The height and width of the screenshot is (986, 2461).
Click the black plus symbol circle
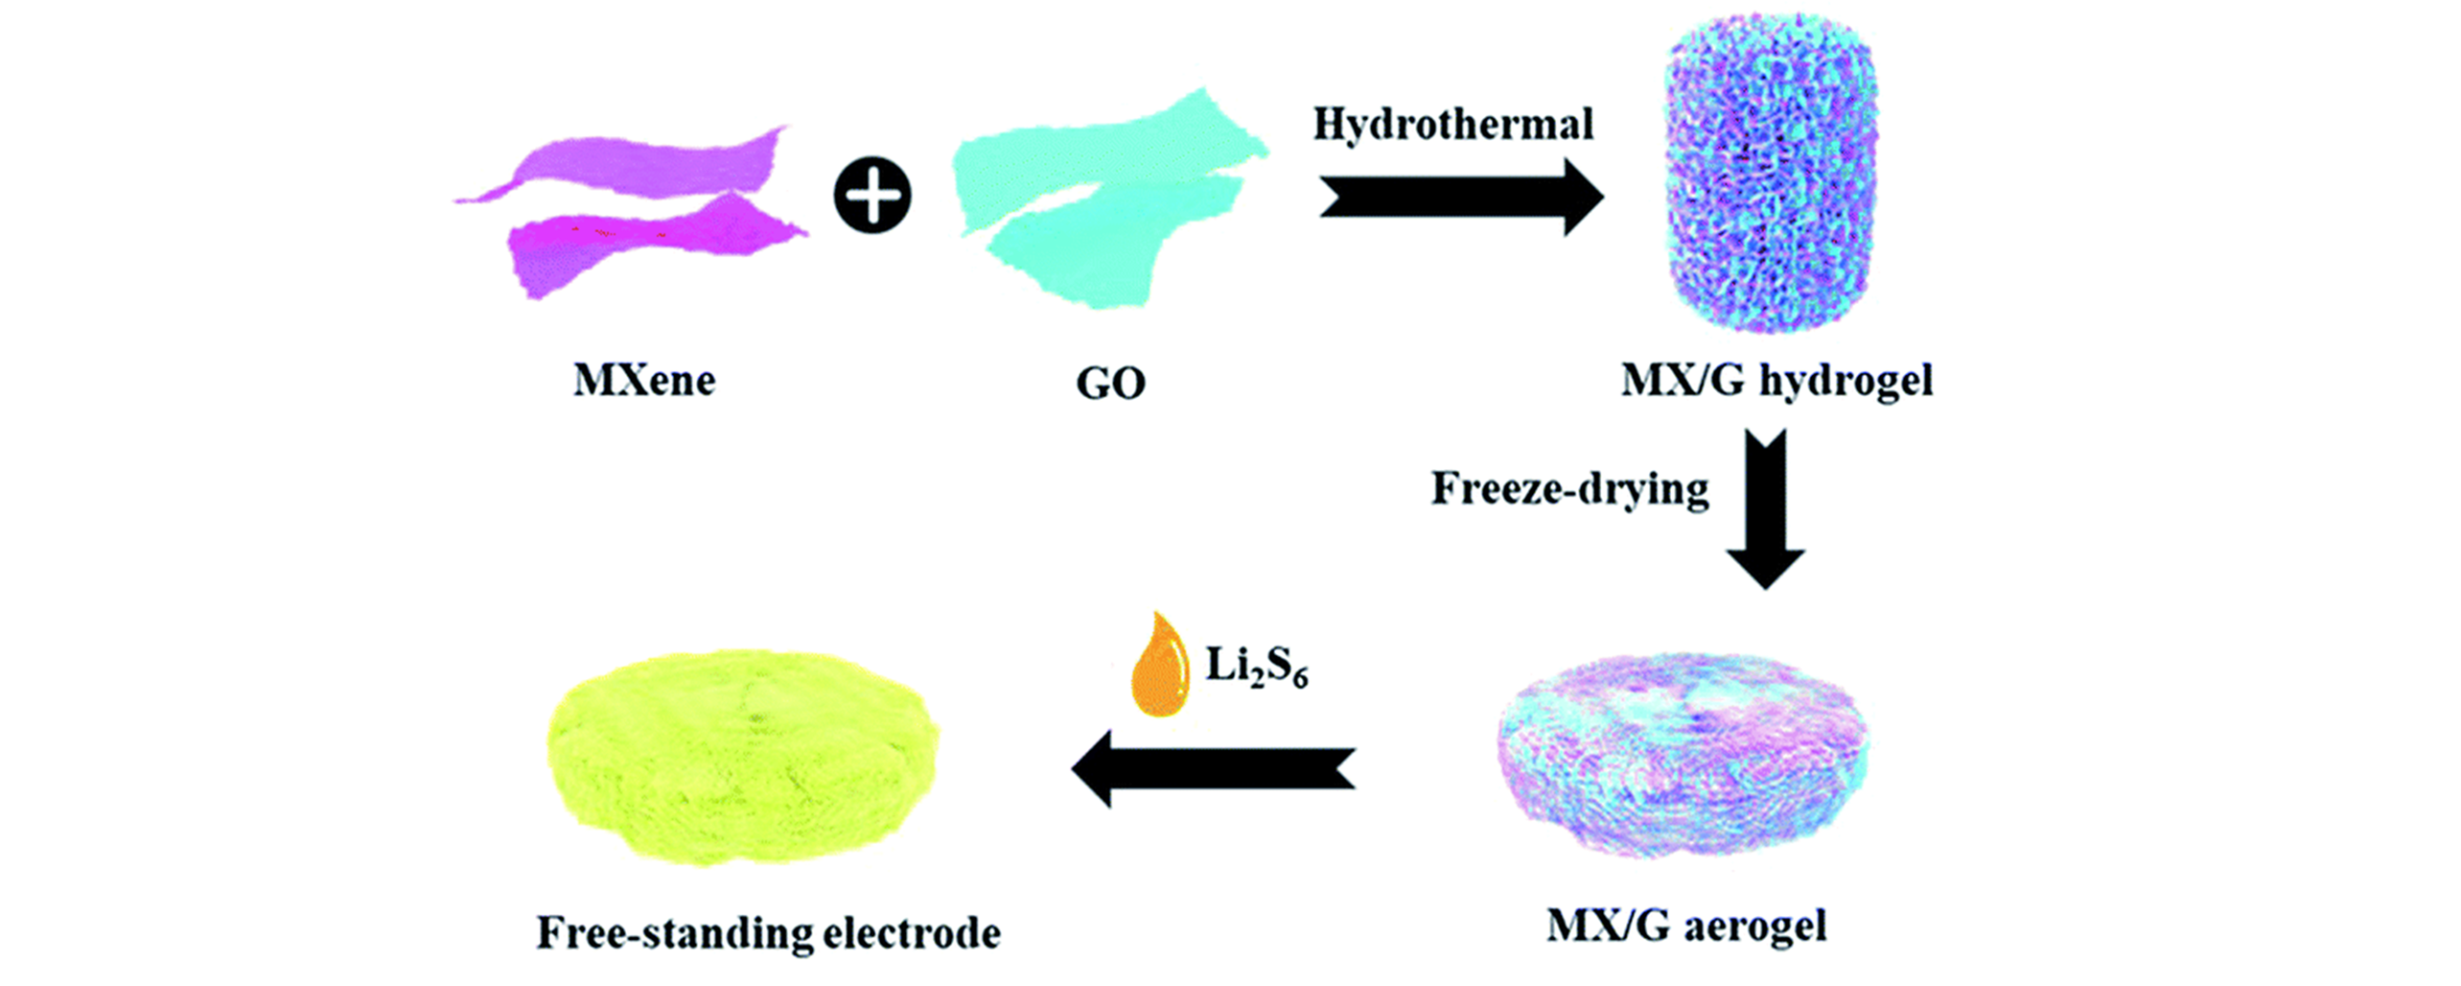point(871,197)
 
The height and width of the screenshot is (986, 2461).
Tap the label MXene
point(644,381)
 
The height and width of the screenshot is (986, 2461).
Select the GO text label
point(1111,384)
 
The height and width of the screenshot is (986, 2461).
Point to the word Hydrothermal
point(1452,125)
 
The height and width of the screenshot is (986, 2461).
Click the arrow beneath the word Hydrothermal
point(1462,197)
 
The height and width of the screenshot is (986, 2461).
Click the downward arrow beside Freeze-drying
point(1766,508)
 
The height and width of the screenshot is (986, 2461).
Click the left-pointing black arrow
point(1214,768)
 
